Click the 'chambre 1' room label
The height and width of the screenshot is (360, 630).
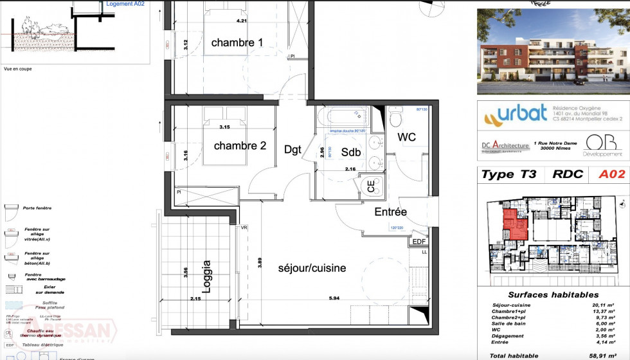click(x=237, y=42)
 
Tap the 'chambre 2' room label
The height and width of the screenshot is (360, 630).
click(x=240, y=146)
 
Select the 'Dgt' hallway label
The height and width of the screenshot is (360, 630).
click(x=292, y=149)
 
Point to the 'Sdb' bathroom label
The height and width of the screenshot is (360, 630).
click(x=350, y=152)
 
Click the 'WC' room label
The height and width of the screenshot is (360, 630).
click(x=406, y=138)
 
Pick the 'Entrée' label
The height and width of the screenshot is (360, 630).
click(x=391, y=212)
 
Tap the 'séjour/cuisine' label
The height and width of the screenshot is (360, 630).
click(x=312, y=267)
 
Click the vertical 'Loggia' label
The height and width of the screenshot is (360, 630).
click(x=206, y=274)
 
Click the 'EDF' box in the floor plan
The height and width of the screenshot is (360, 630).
click(x=419, y=242)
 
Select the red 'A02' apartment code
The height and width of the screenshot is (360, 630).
click(x=611, y=174)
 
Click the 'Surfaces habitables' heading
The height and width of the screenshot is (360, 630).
click(x=553, y=294)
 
